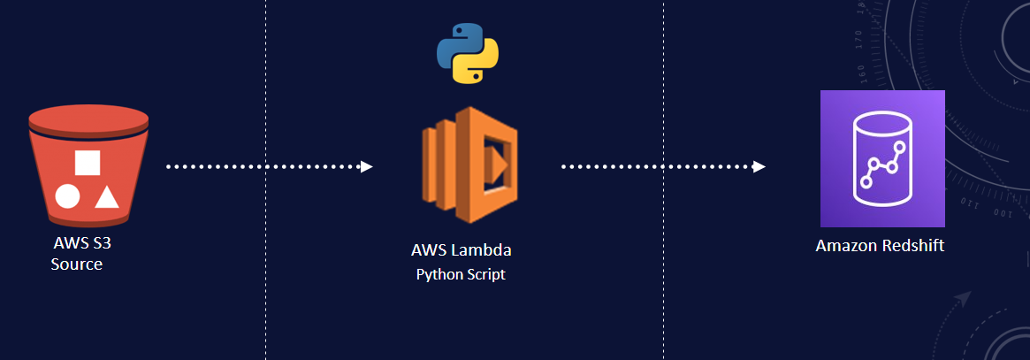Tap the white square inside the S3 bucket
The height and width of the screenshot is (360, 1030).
(87, 163)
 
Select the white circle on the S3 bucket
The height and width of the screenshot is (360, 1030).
(68, 195)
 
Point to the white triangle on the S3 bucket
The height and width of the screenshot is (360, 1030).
(106, 195)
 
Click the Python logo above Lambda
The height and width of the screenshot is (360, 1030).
(468, 53)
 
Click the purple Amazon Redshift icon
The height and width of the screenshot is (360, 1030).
(882, 159)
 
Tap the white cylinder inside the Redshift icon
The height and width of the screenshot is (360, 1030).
(882, 161)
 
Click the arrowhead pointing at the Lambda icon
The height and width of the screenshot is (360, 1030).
(367, 166)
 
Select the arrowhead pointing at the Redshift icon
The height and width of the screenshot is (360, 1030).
(759, 166)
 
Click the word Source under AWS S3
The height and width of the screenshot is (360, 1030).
(76, 264)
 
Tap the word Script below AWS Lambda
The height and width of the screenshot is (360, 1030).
(487, 274)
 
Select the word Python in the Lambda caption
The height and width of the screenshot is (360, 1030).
(439, 274)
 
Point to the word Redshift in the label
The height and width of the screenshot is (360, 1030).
(913, 246)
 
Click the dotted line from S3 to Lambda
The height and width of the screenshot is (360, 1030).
(265, 166)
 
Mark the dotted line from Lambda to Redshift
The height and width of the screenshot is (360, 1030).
(659, 166)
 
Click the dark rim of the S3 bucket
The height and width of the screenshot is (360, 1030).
(87, 132)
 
